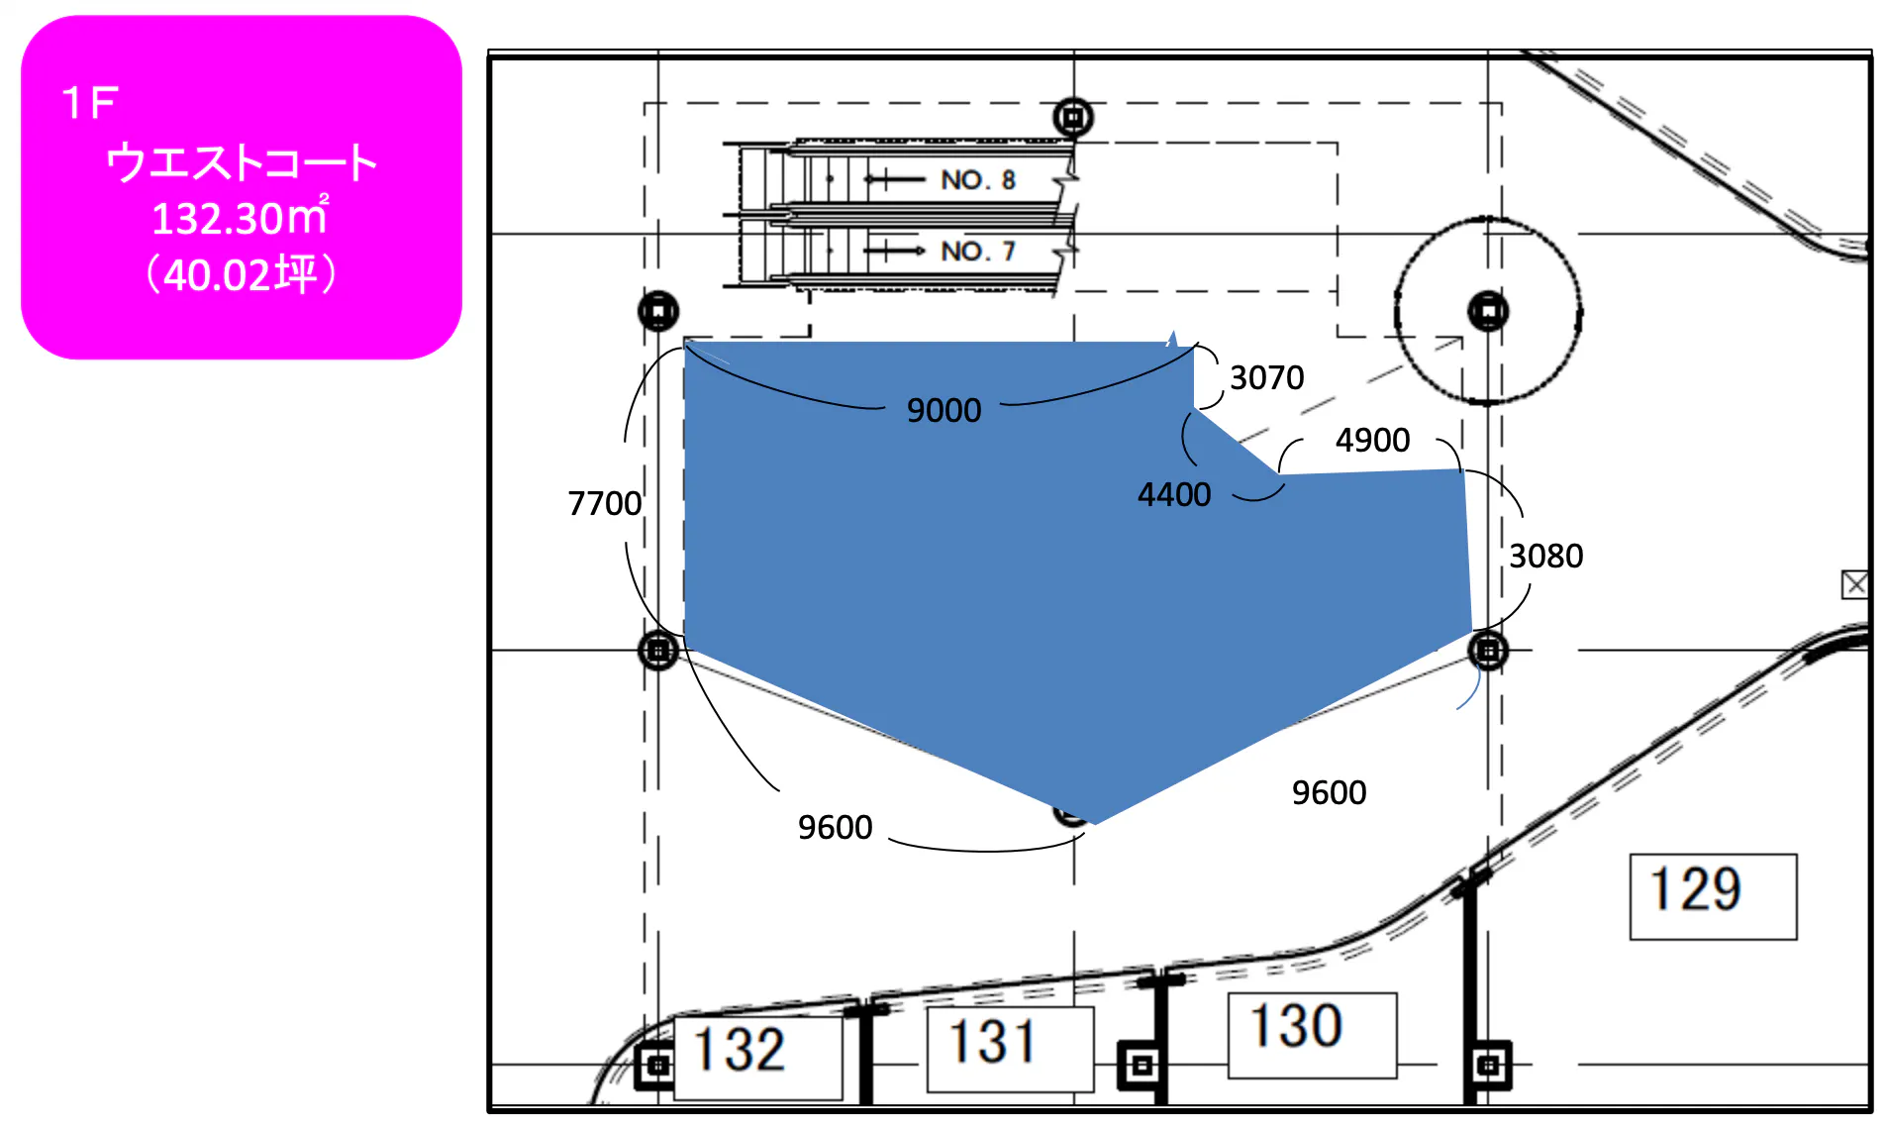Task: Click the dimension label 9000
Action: point(943,410)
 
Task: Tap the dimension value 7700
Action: point(604,503)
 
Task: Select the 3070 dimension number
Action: point(1266,377)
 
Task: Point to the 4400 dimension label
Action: point(1174,494)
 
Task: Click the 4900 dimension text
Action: point(1372,440)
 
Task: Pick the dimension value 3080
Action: point(1545,556)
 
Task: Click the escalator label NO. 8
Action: point(978,179)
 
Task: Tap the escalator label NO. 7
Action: point(978,251)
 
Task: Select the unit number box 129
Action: point(1713,896)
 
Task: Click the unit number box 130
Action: point(1312,1035)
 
